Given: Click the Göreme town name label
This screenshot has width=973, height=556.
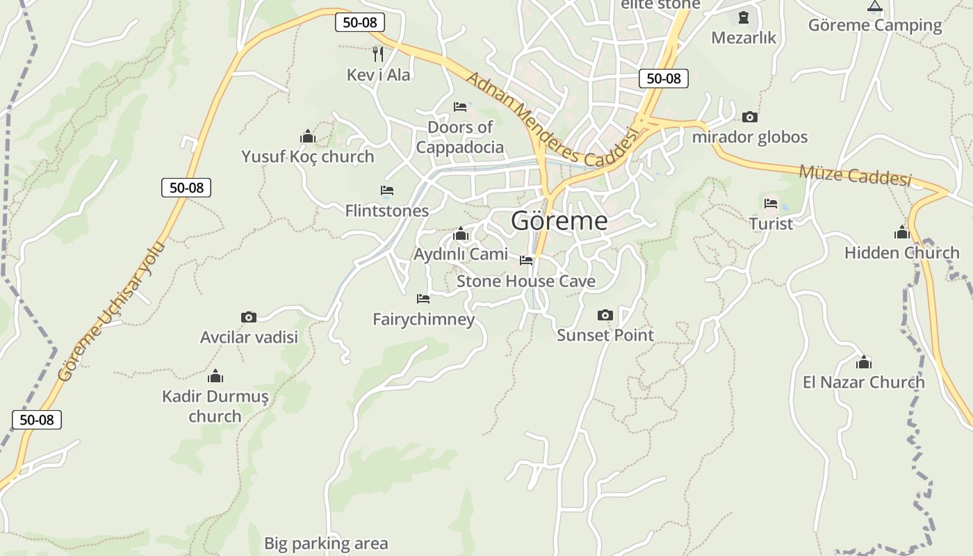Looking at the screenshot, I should [x=559, y=221].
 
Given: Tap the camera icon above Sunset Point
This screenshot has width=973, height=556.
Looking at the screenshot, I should [x=605, y=316].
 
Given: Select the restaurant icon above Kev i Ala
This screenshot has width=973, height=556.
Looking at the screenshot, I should [x=378, y=54].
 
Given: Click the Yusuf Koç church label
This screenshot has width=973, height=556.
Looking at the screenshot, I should [x=307, y=157].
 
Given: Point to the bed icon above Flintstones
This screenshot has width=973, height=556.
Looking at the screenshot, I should [x=387, y=190].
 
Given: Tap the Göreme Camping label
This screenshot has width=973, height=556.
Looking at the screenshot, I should [x=874, y=26].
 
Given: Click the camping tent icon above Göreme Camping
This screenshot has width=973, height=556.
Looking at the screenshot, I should [x=874, y=6].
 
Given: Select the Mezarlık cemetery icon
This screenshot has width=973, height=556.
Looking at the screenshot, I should [x=744, y=17].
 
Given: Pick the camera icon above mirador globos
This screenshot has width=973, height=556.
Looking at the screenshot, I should [x=749, y=117].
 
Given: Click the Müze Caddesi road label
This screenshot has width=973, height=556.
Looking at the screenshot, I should [x=855, y=175].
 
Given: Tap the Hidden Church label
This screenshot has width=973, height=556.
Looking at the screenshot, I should [x=901, y=253].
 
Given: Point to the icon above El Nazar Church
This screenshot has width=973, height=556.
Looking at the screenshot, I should [x=864, y=362].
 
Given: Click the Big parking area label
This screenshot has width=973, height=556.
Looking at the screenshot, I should [x=326, y=543].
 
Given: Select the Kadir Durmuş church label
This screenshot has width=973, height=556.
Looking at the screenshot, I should [x=215, y=407].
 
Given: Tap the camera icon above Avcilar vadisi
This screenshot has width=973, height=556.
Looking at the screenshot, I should [x=248, y=318].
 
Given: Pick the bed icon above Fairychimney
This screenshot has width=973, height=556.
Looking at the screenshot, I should [x=423, y=299].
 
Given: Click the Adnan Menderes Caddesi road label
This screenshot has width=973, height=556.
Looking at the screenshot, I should [x=552, y=120].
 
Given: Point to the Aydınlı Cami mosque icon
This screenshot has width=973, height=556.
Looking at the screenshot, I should [x=460, y=235].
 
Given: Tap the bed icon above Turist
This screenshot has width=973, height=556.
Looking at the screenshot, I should [x=771, y=204].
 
